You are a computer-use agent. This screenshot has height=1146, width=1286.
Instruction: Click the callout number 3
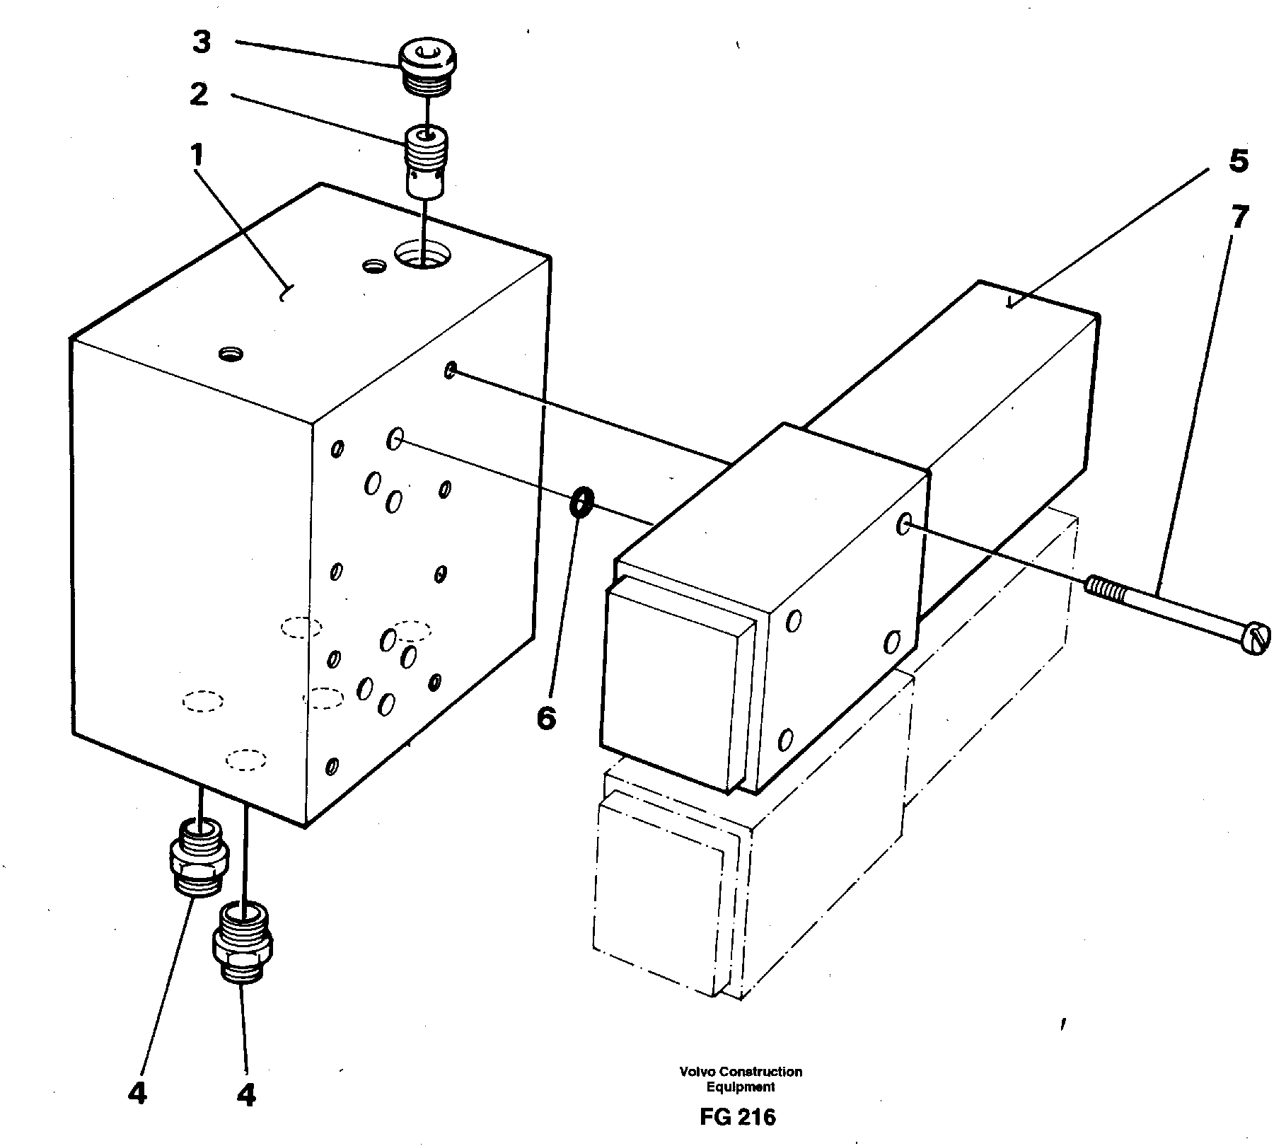click(202, 42)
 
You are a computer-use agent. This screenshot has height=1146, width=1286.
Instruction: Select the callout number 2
click(199, 93)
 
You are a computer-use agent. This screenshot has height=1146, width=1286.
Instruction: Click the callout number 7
click(1239, 218)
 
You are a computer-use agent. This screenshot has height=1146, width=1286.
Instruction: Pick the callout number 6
click(546, 719)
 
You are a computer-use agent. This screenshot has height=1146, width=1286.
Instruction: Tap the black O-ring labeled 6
click(581, 502)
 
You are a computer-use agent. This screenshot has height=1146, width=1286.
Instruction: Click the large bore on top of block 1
click(422, 253)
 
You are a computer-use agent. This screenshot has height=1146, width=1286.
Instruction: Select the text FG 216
click(737, 1116)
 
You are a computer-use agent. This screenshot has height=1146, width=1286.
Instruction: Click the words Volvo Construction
click(741, 1072)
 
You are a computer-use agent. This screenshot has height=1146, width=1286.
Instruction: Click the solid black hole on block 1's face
click(435, 681)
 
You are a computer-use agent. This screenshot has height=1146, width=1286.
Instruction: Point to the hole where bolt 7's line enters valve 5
click(903, 524)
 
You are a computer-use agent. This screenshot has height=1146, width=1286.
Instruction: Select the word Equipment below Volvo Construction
click(741, 1087)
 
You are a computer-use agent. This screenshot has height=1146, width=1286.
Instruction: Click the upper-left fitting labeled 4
click(199, 856)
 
